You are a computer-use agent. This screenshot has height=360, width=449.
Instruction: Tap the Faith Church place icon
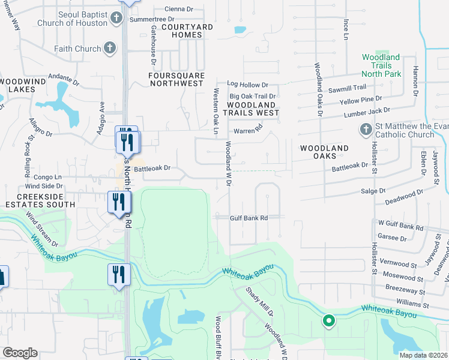[109, 49]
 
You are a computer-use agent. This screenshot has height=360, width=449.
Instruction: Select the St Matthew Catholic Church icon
[365, 129]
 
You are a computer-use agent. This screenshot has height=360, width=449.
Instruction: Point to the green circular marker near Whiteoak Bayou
[328, 321]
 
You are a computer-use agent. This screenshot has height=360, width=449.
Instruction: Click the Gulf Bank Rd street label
[248, 218]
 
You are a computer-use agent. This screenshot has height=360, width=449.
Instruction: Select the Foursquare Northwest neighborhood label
[176, 79]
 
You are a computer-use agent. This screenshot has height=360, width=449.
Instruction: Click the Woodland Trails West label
[252, 108]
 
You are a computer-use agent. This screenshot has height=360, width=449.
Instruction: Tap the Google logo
[20, 353]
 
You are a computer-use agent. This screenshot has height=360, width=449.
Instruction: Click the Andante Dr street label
[64, 79]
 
